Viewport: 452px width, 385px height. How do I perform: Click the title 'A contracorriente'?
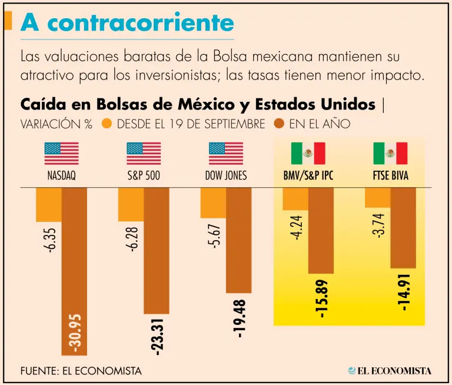(127, 23)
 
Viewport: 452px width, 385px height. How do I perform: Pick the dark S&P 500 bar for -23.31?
(156, 250)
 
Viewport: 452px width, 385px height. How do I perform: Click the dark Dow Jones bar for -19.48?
(238, 240)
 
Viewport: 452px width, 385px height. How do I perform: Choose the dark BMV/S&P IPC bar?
(321, 230)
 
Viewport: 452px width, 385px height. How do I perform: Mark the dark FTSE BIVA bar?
(403, 228)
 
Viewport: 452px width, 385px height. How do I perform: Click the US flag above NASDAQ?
(61, 153)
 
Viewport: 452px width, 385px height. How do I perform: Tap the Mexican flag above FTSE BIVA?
(390, 153)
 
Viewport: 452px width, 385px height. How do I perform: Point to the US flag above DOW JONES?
(226, 153)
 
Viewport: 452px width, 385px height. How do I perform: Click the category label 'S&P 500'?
(144, 175)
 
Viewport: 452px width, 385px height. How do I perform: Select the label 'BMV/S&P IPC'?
(308, 175)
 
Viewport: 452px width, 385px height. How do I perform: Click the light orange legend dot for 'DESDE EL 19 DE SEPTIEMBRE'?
(107, 124)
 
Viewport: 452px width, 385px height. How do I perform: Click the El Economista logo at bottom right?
(389, 371)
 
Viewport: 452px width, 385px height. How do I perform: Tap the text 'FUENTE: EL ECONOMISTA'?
(81, 371)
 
